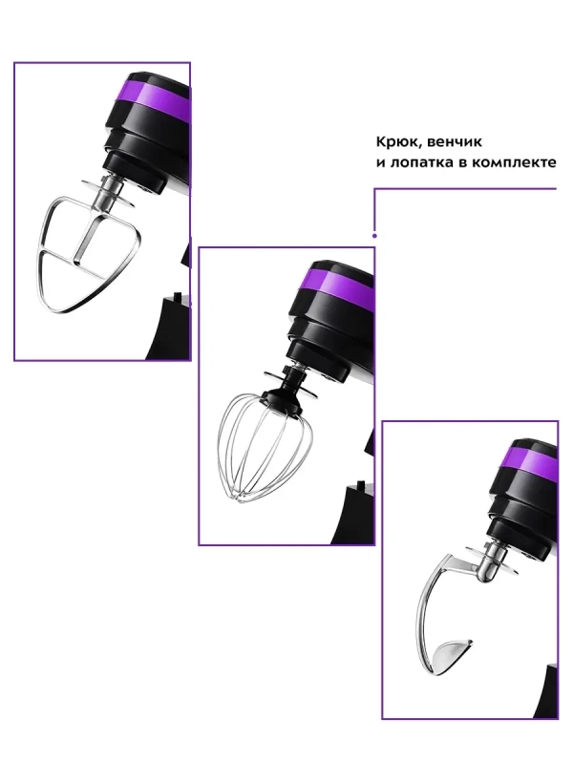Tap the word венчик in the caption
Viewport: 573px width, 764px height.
452,142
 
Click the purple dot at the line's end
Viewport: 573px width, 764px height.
374,236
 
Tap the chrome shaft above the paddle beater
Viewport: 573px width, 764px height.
110,194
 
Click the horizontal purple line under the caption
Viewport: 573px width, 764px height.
465,188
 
